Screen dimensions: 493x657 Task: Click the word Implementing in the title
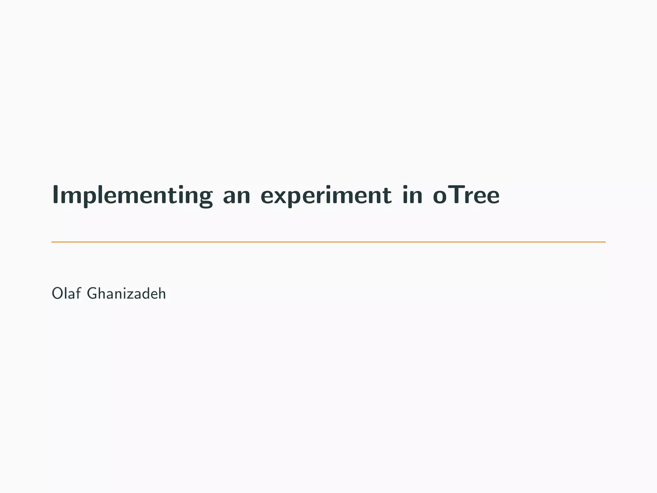132,195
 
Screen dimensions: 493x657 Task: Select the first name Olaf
66,293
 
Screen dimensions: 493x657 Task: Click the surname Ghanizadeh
126,293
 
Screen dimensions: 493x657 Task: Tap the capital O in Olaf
57,294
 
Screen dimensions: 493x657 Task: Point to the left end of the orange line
52,242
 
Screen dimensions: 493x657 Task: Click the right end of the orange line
605,242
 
